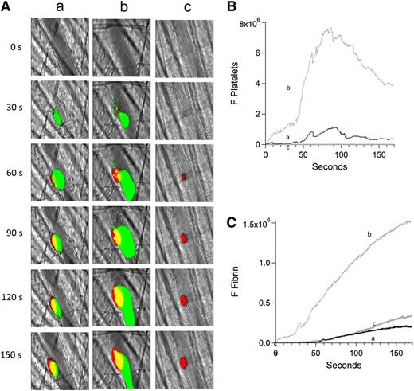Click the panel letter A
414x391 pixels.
tap(7, 7)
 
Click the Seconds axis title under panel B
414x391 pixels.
tap(329, 169)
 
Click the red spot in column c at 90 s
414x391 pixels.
tap(184, 238)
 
